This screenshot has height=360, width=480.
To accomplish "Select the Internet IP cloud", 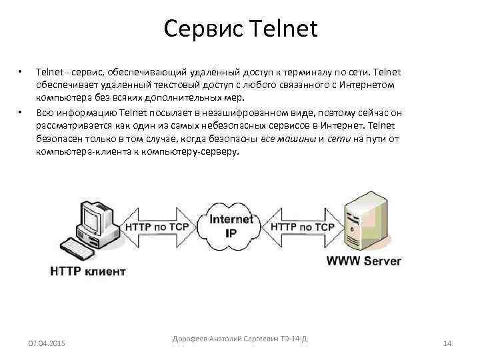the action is click(232, 226).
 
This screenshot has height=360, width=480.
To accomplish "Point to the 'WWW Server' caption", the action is click(363, 261).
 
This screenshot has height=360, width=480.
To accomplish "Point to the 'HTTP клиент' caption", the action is click(87, 271).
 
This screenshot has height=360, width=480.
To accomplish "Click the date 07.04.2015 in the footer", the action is click(47, 343).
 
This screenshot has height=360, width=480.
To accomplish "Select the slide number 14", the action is click(447, 343).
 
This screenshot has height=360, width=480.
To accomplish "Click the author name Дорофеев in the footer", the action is click(190, 339).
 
